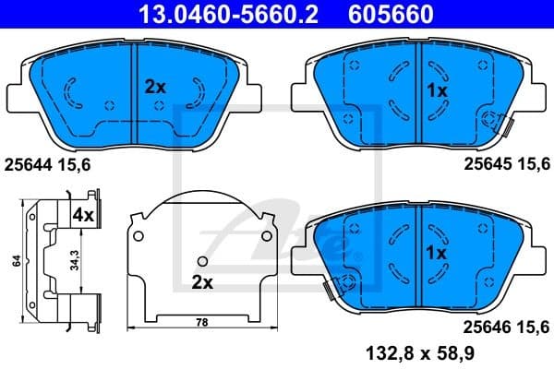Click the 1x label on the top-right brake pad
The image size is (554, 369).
436,90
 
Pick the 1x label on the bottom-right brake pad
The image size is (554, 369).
436,251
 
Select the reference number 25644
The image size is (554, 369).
30,165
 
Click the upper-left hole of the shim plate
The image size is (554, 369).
139,237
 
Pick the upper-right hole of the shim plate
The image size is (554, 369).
268,237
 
